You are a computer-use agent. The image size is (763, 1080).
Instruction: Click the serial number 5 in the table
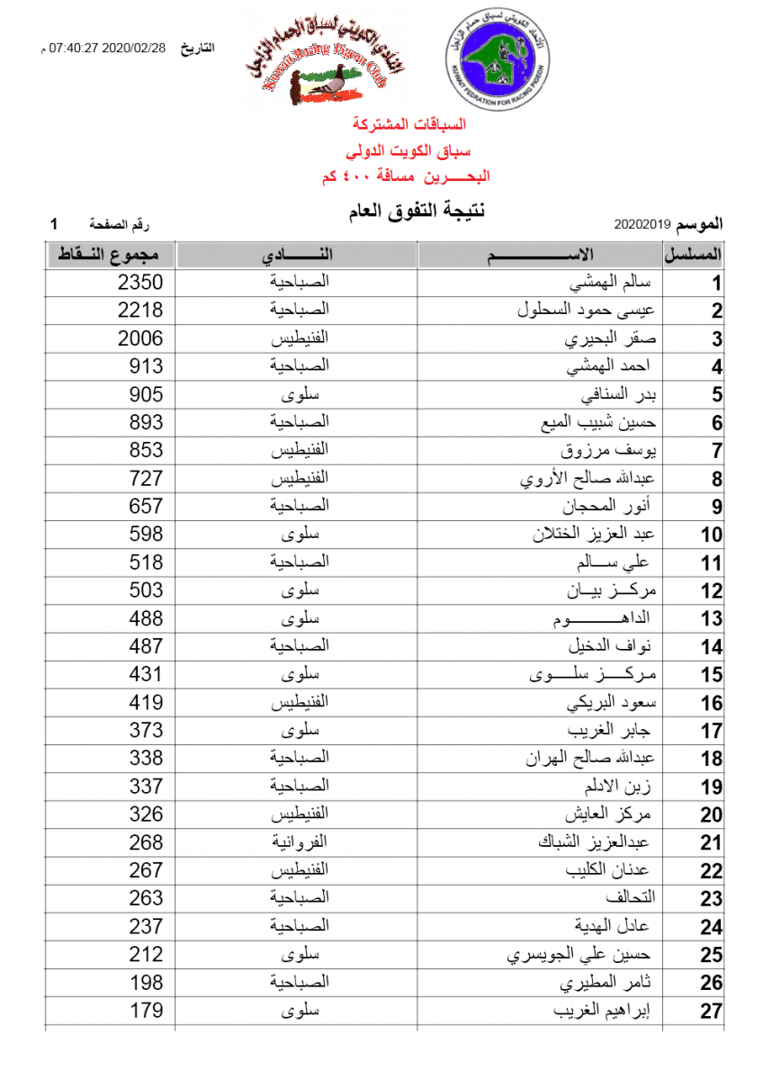coord(717,395)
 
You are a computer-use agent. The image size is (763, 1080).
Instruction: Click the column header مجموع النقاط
coord(108,255)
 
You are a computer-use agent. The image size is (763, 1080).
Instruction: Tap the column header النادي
coord(297,255)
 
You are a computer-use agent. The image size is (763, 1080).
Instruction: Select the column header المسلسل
coord(694,255)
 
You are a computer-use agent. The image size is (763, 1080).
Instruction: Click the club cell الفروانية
coord(301,842)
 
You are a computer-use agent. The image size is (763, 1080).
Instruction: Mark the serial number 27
coord(712,1012)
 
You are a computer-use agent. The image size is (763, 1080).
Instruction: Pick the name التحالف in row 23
coord(632,898)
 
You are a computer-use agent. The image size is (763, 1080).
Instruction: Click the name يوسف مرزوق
coord(608,450)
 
